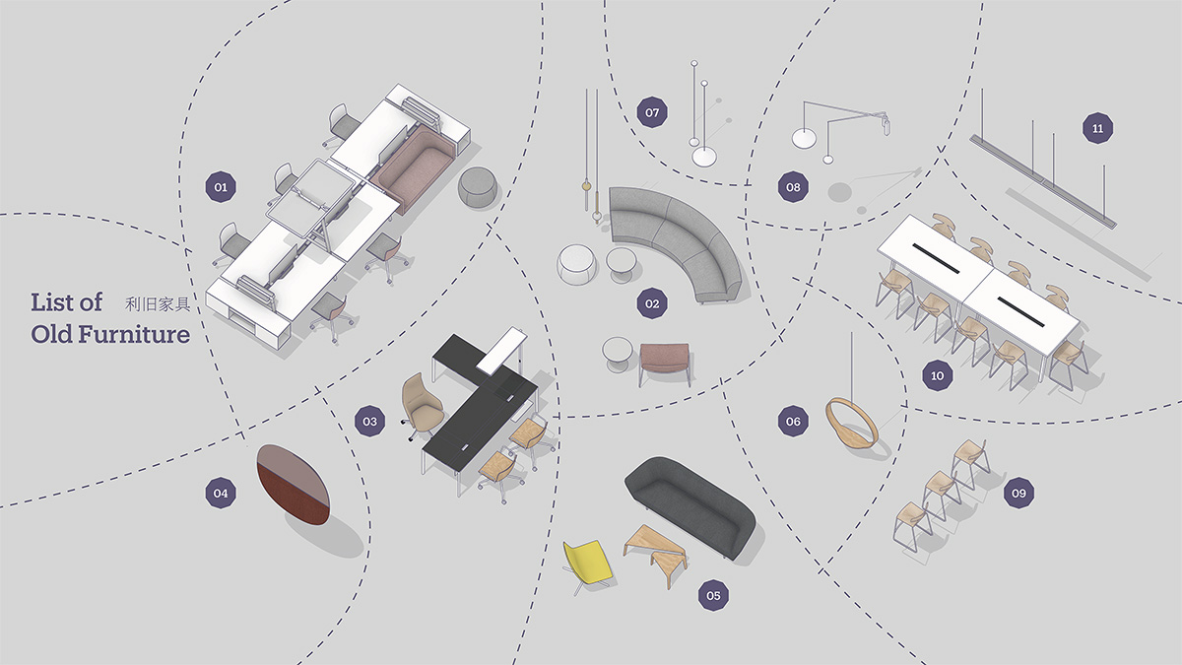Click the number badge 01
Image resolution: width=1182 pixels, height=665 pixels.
221,187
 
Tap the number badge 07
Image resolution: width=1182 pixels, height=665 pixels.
652,112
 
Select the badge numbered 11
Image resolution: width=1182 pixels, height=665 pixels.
1097,128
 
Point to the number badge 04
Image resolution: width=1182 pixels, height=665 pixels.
221,493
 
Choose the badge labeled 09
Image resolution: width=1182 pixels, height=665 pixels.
1018,493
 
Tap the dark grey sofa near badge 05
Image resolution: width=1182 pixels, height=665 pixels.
690,505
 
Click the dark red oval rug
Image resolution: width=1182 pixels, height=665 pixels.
294,485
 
